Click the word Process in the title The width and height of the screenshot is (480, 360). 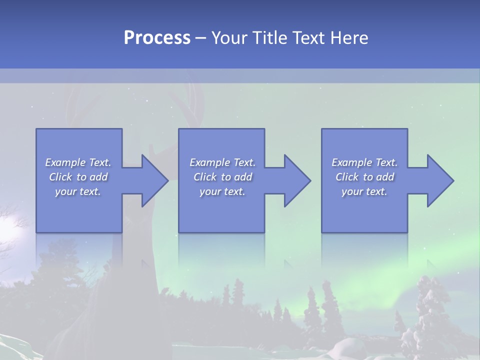pyautogui.click(x=157, y=38)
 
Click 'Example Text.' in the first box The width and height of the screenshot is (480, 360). pyautogui.click(x=78, y=162)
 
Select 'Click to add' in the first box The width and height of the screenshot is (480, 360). pyautogui.click(x=78, y=177)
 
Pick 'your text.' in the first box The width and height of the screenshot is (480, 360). pyautogui.click(x=78, y=191)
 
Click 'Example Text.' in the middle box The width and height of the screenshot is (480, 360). pyautogui.click(x=222, y=162)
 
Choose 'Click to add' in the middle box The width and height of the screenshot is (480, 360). pyautogui.click(x=222, y=177)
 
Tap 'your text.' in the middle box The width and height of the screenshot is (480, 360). pyautogui.click(x=222, y=191)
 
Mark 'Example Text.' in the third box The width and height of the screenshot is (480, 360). pyautogui.click(x=364, y=162)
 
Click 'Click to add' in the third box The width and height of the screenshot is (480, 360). pyautogui.click(x=364, y=177)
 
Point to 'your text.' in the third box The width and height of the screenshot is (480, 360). pyautogui.click(x=364, y=191)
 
